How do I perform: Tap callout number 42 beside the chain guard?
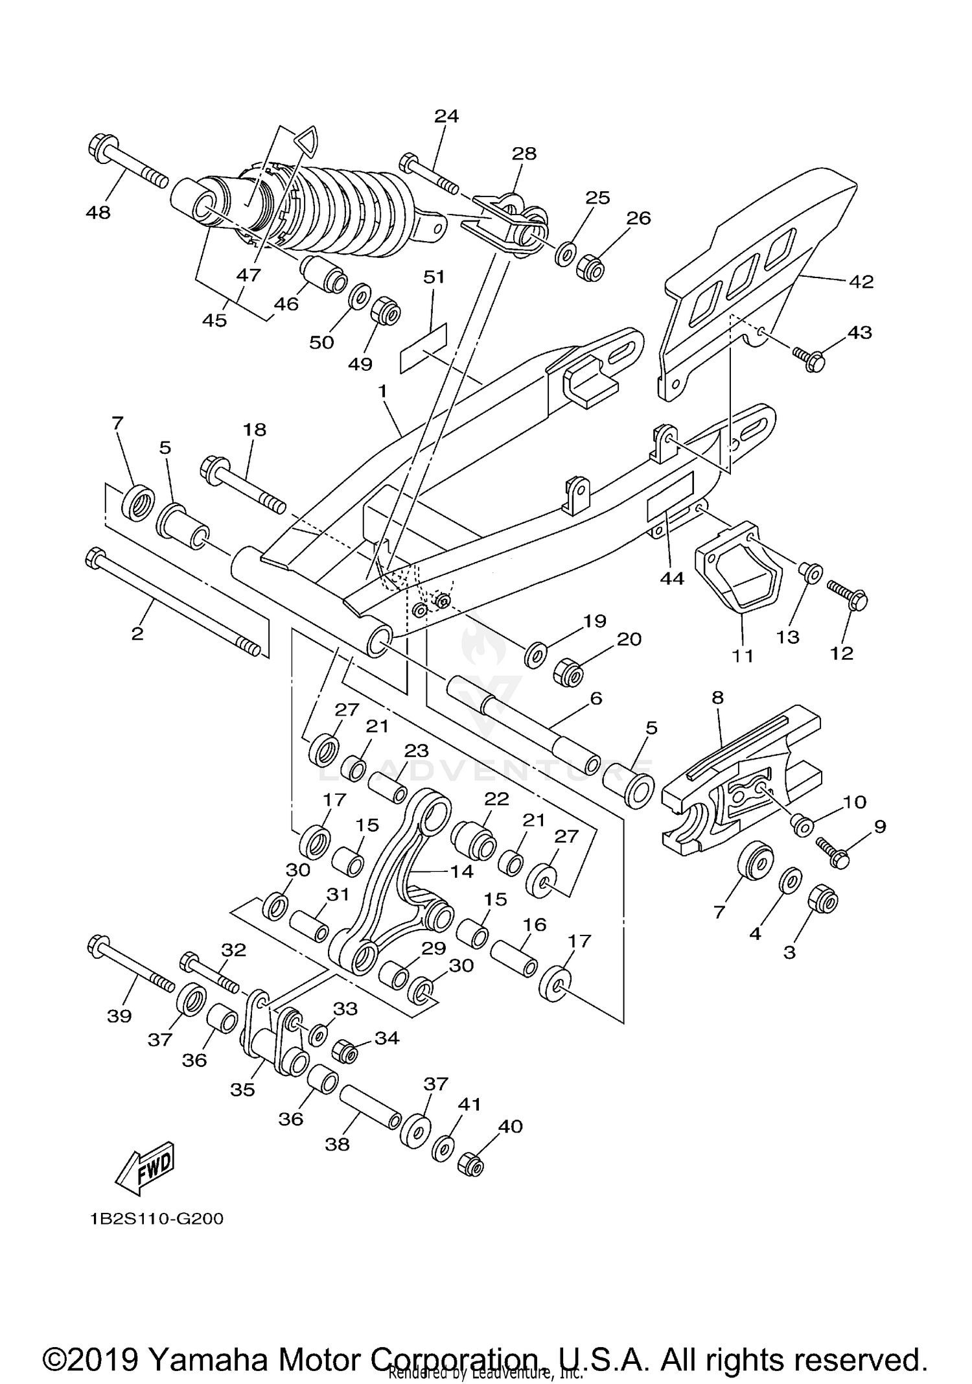[861, 281]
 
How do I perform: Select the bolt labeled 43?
[809, 357]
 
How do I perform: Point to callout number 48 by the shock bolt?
[98, 212]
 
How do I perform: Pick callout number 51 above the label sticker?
[434, 277]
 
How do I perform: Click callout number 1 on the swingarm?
[382, 391]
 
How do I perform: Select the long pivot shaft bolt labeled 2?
[175, 599]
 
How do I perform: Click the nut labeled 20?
[568, 674]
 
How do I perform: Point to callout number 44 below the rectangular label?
[671, 578]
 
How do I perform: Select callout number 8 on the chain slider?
[717, 698]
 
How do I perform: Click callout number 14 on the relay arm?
[462, 871]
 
